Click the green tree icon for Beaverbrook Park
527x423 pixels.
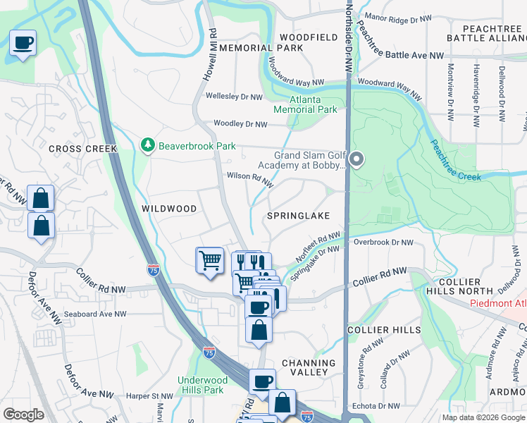(148, 145)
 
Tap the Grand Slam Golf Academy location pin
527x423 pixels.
(356, 161)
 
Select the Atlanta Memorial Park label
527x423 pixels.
(305, 105)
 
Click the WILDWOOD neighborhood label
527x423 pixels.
(169, 209)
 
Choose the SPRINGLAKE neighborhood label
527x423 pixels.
(299, 215)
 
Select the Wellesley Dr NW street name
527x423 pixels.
(233, 96)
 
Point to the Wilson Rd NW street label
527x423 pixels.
(249, 179)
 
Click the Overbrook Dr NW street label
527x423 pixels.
(383, 243)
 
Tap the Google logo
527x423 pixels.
(23, 415)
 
